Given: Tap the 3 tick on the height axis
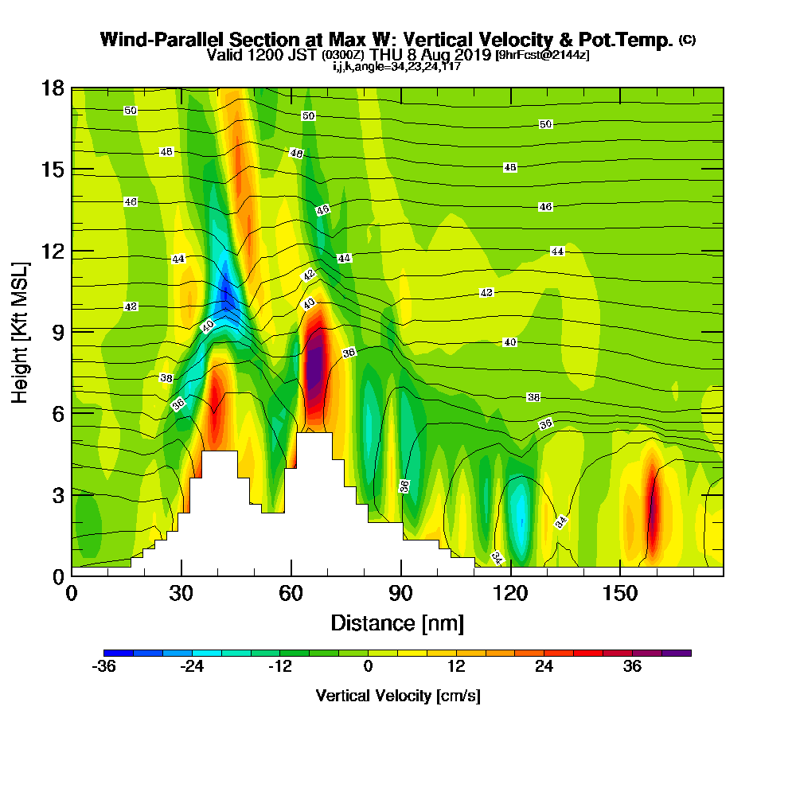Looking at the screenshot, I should point(57,494).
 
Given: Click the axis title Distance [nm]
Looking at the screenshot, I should point(397,622).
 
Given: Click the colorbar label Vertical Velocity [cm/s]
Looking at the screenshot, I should point(397,696).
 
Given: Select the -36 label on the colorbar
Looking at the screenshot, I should point(104,667).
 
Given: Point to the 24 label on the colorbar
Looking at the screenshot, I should point(544,667).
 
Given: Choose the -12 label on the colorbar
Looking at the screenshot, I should point(279,667).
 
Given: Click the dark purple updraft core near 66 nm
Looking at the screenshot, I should point(315,362).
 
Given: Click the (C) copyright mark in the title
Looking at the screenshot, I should point(687,40).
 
